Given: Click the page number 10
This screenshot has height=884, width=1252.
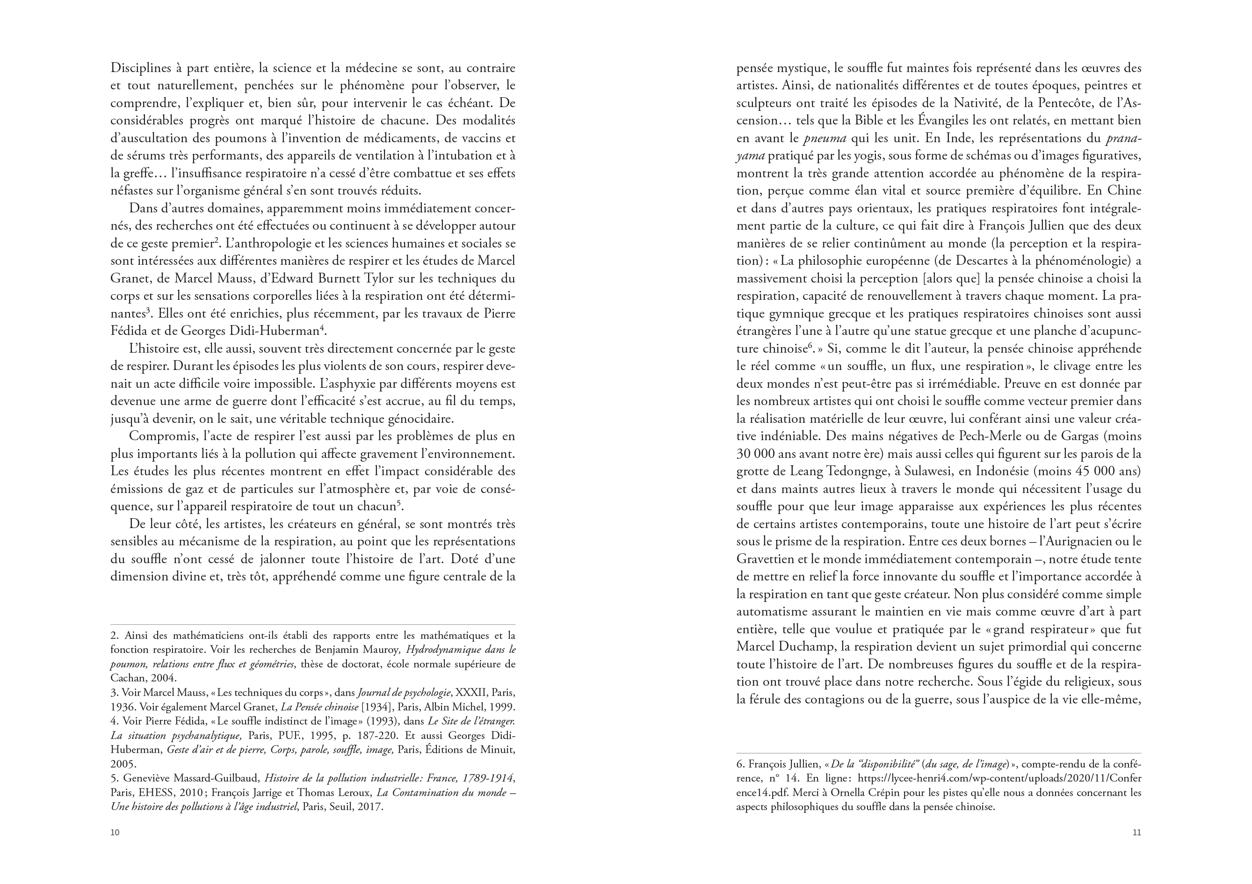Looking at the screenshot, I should (115, 832).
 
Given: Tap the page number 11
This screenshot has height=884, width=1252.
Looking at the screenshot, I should (1136, 832).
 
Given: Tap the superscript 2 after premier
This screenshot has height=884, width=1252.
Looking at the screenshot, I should (217, 240).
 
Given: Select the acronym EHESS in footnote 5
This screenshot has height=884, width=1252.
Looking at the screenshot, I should (152, 792).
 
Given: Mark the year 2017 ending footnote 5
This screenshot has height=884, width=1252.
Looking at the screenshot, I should (371, 806).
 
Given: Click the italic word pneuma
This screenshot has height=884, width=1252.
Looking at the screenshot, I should (824, 138).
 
